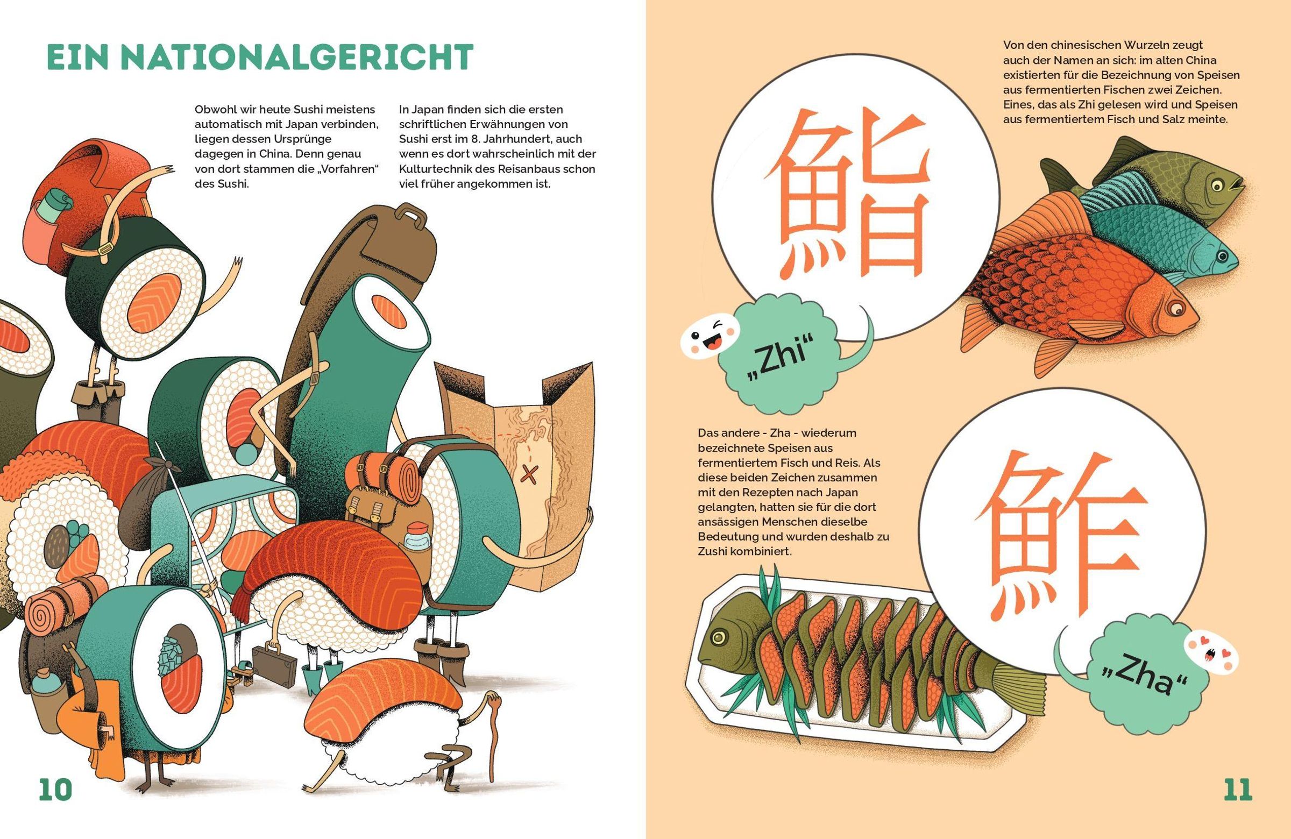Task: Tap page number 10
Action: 55,790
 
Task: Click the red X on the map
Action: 527,473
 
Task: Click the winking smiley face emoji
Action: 707,339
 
